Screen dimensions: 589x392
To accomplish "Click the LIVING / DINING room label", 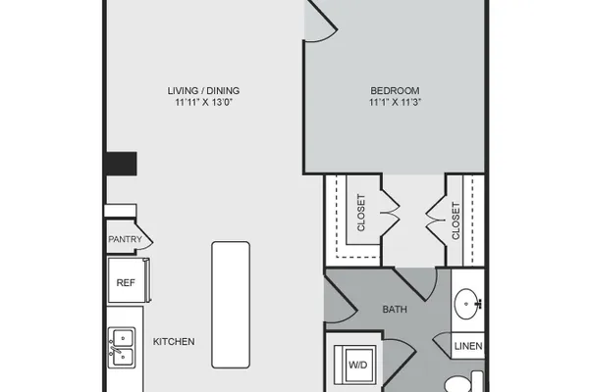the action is pos(203,91).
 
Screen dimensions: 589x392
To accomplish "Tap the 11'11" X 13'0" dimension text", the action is pos(203,102).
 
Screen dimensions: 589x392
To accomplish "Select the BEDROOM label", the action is pos(395,91).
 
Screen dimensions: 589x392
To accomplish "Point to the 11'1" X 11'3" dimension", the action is pos(395,102).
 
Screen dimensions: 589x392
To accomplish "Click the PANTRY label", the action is pos(125,239).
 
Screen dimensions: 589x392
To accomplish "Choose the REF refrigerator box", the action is pos(129,280).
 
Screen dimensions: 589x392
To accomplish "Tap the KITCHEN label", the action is pos(174,342).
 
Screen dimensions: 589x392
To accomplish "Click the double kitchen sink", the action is pos(122,348).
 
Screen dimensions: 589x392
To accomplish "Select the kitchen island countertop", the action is pos(231,305).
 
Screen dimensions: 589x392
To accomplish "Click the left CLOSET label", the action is pos(361,213).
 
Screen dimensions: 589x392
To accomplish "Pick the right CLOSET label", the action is pos(455,220).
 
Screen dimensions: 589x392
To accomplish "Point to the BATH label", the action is pos(395,310).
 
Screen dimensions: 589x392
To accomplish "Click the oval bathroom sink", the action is pos(466,304).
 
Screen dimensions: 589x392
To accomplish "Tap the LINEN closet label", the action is pos(468,346).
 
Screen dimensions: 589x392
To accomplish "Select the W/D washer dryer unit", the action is pos(355,365).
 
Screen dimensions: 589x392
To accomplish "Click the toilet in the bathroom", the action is pos(464,382).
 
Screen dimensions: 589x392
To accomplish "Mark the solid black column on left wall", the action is pos(120,164).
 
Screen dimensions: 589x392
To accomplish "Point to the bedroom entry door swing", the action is pos(320,21).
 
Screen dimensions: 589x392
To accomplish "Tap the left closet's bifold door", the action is pos(391,213).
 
